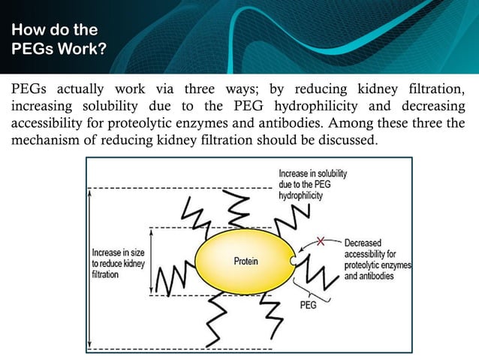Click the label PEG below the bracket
tap(307, 307)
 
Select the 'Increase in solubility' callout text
tap(312, 183)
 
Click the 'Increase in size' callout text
tap(119, 264)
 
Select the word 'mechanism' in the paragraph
tap(46, 141)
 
